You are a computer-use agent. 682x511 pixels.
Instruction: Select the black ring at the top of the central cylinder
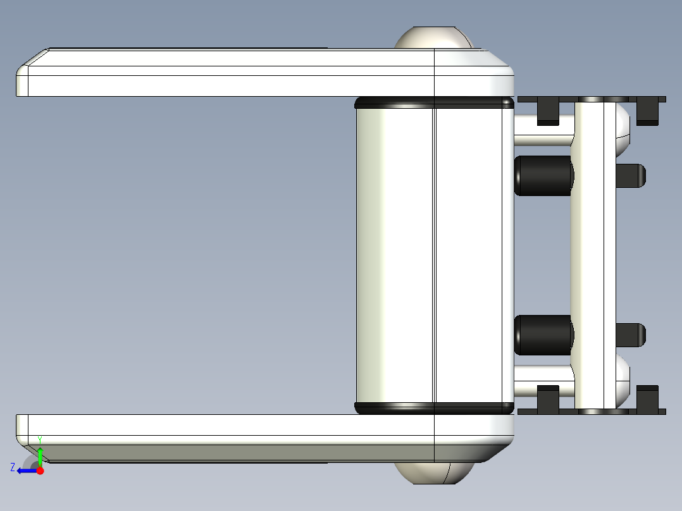(434, 102)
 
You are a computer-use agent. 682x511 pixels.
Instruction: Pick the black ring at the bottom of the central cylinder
(434, 408)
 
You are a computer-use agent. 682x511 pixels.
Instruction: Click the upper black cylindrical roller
(543, 176)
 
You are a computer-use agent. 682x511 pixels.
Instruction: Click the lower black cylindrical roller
(543, 335)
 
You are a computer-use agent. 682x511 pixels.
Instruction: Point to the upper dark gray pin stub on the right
(630, 176)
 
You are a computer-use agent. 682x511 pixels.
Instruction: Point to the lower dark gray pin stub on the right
(630, 335)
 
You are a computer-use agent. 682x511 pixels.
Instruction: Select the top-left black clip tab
(548, 111)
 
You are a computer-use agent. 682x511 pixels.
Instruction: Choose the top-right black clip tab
(647, 111)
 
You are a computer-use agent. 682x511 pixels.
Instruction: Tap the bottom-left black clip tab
(548, 398)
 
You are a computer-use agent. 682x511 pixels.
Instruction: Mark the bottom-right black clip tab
(647, 398)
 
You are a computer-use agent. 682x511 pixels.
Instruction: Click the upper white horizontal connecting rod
(543, 130)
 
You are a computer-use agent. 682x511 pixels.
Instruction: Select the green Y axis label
(40, 439)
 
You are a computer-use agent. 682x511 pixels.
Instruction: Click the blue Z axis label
(13, 467)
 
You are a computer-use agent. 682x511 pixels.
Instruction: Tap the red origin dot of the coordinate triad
(40, 471)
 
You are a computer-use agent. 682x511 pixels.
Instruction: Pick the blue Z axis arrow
(25, 471)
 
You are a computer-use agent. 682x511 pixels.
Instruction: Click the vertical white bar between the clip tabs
(593, 253)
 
